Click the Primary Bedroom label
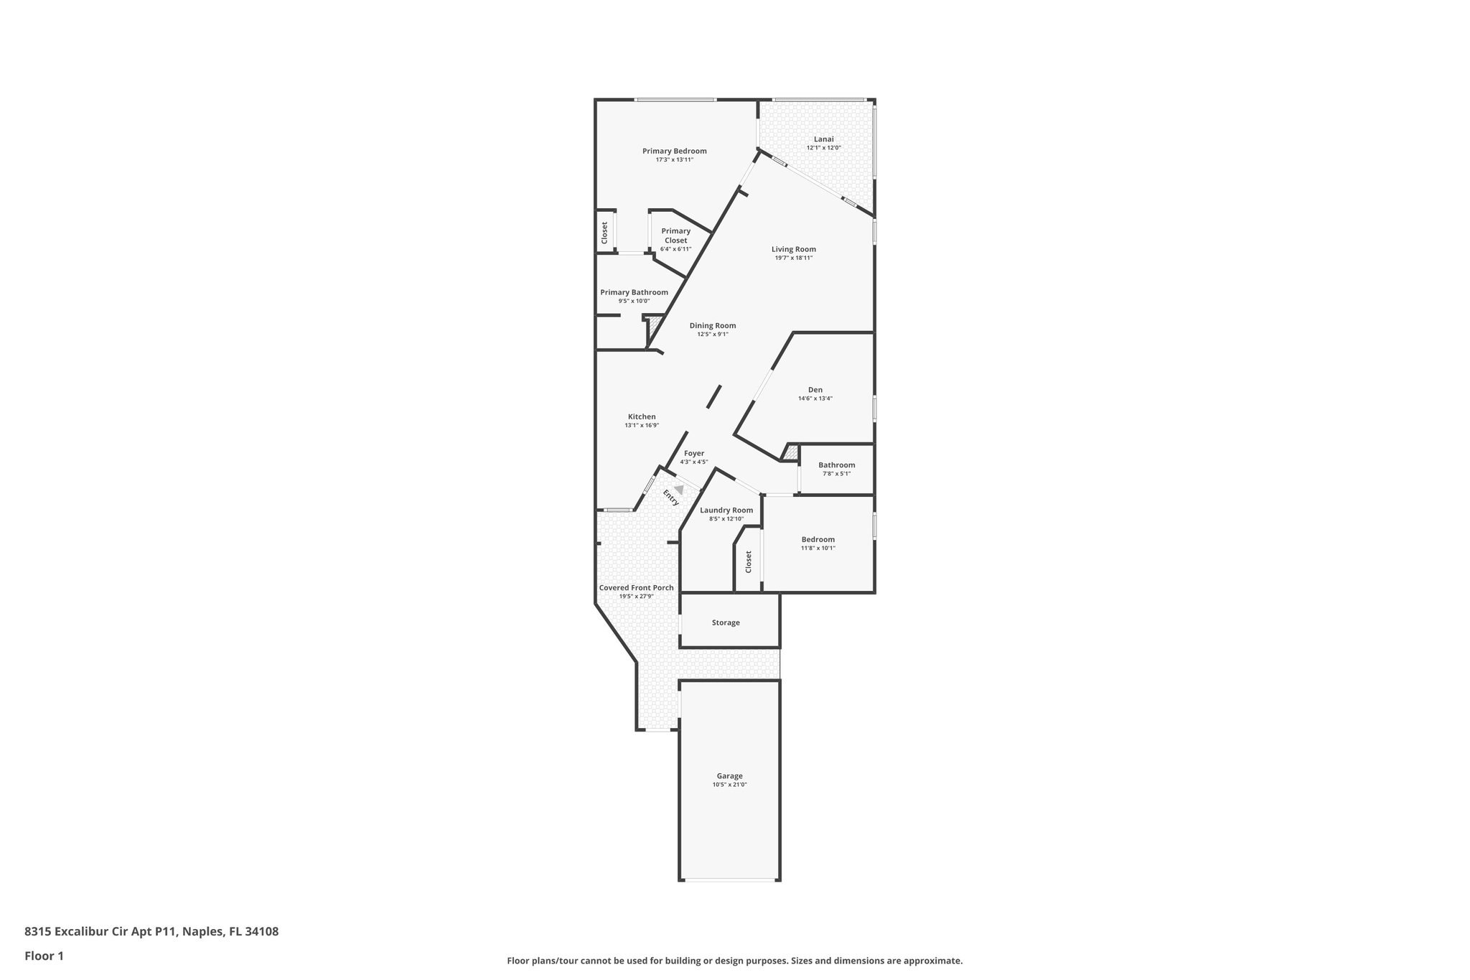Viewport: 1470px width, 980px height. [x=674, y=151]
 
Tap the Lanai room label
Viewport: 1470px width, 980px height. [x=823, y=139]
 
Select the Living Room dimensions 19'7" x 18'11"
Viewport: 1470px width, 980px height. [x=793, y=258]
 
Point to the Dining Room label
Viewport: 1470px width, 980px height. [x=712, y=325]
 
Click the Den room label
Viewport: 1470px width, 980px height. [x=815, y=390]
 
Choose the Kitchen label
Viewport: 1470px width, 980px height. [x=642, y=416]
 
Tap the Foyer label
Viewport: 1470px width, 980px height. [x=693, y=453]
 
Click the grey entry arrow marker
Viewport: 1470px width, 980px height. [x=678, y=489]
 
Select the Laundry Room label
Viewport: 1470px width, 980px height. [x=726, y=510]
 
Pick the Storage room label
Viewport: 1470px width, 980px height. [x=726, y=622]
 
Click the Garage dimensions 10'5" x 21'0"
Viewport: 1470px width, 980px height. [x=729, y=785]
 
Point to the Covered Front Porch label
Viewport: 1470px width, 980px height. [x=636, y=587]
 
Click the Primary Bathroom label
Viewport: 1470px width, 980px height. [x=634, y=292]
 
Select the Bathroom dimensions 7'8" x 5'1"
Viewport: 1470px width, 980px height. [x=836, y=473]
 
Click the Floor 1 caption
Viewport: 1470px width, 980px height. [x=44, y=956]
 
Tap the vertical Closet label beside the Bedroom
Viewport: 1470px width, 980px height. [x=748, y=561]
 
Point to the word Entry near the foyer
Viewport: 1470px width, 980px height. [x=671, y=498]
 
